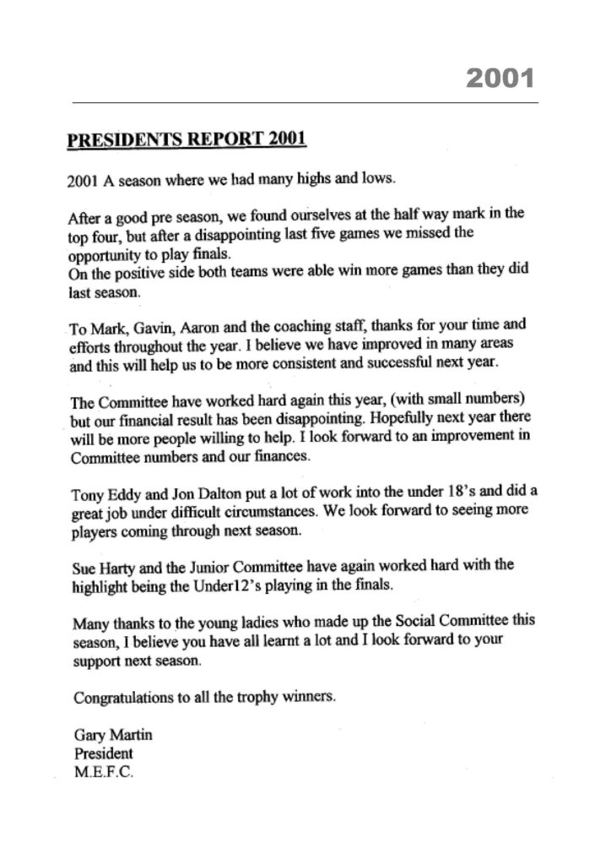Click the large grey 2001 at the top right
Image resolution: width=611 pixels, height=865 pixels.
point(500,79)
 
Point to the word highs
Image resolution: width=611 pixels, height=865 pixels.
point(306,179)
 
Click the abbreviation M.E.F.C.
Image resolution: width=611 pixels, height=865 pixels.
point(96,770)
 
